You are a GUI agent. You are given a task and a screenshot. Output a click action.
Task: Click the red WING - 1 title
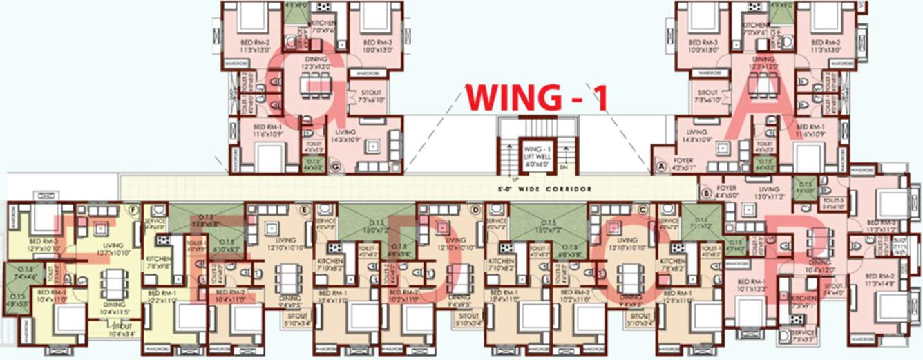click(x=537, y=97)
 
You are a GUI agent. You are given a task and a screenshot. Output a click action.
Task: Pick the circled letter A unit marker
click(x=660, y=167)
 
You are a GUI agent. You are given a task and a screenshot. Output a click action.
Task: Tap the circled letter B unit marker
click(x=705, y=194)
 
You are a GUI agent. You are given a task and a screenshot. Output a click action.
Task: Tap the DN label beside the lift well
click(x=564, y=167)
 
